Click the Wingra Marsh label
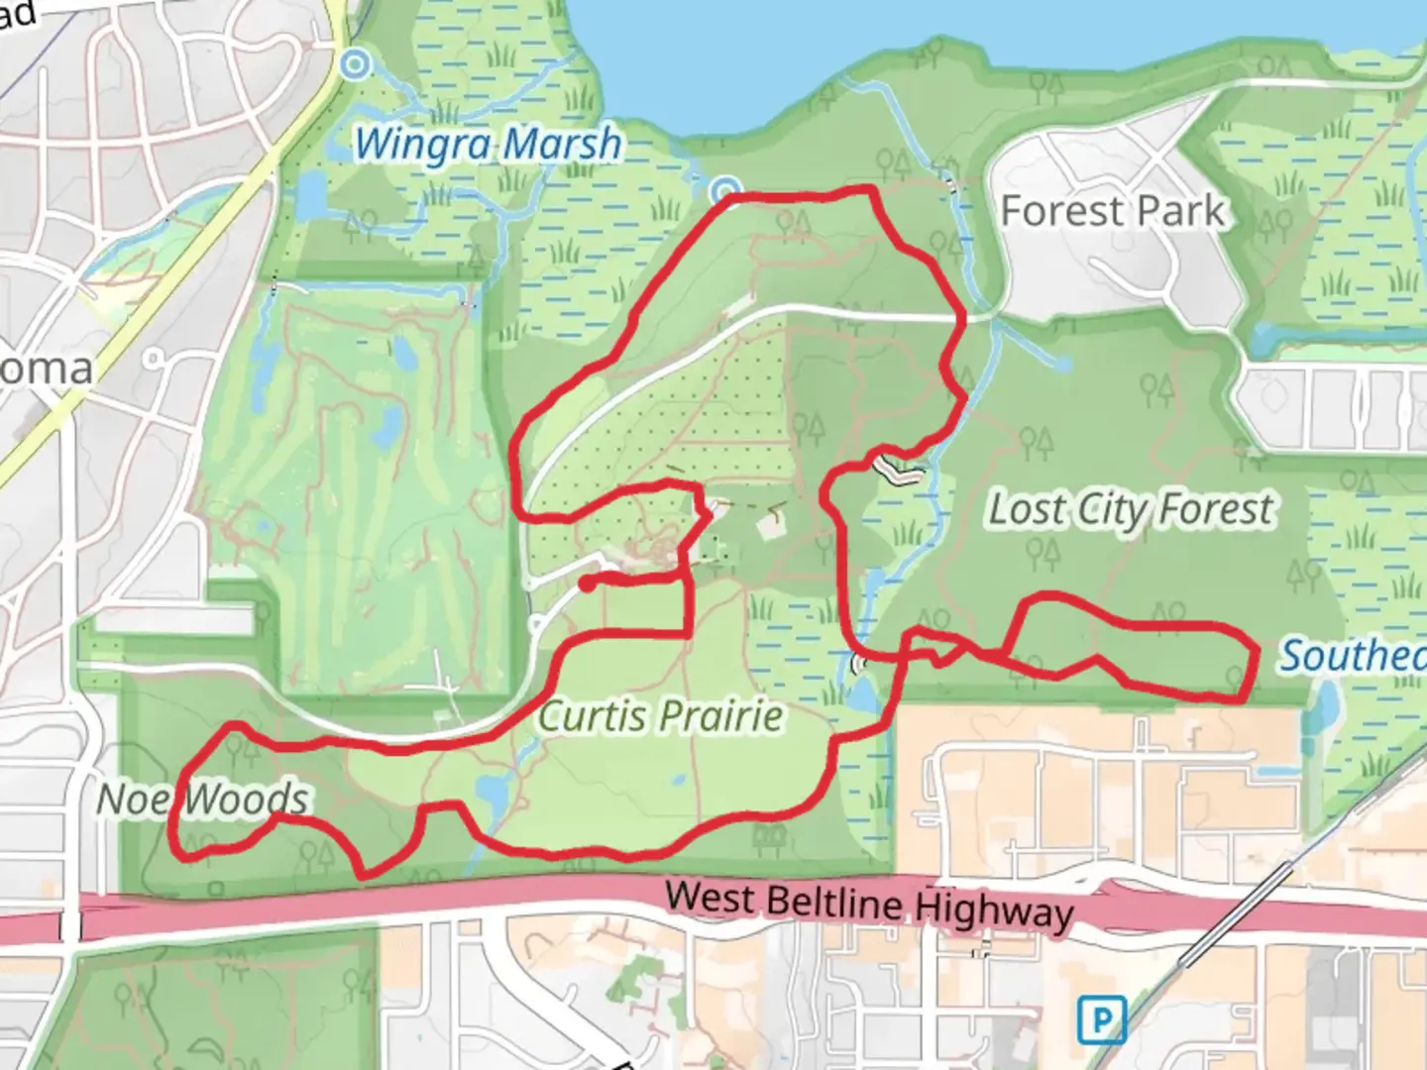(488, 145)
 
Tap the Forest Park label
(1113, 211)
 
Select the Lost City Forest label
(1131, 510)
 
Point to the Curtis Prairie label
(661, 715)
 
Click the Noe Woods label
(203, 799)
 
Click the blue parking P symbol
(1101, 1019)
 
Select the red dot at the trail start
(588, 584)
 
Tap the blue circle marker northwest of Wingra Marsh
(354, 65)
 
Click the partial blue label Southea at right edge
(1352, 656)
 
